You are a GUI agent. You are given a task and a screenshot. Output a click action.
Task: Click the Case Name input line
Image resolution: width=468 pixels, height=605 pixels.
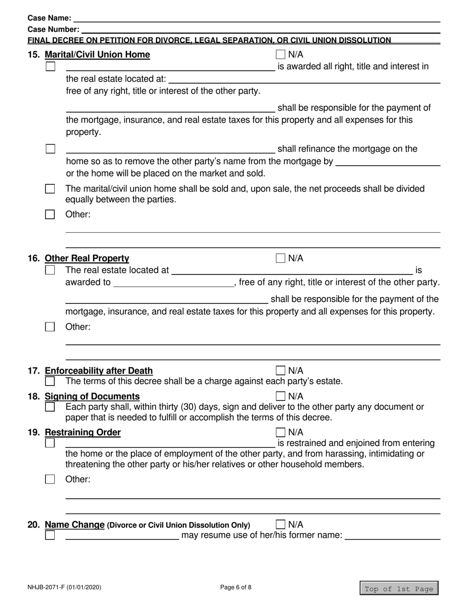[x=256, y=18]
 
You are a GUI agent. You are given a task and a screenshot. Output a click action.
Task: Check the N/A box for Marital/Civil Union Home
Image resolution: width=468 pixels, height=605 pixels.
[x=280, y=54]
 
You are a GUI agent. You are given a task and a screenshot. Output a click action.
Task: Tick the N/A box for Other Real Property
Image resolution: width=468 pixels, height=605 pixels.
[x=280, y=258]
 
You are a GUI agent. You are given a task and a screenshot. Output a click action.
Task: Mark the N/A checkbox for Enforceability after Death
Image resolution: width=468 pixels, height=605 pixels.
[x=280, y=370]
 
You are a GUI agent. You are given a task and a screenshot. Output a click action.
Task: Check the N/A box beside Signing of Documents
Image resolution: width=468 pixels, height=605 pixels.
[x=280, y=396]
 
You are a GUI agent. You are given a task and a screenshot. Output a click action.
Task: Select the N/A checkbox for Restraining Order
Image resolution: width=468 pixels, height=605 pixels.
[x=280, y=432]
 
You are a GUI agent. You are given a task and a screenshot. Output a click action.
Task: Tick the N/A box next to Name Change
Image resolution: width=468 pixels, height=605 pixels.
[x=280, y=524]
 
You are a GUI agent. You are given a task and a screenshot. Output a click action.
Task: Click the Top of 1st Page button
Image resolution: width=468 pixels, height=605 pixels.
[x=399, y=589]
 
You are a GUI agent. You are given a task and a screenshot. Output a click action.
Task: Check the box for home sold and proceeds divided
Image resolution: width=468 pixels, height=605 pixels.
[x=50, y=189]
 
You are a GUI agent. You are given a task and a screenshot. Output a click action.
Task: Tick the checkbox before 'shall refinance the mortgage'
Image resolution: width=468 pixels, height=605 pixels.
[x=50, y=149]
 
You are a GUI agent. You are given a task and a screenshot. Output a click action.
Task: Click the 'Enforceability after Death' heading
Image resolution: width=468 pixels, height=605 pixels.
[x=99, y=370]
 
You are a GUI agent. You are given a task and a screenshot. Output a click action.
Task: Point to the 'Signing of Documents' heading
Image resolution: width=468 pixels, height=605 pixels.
[x=92, y=396]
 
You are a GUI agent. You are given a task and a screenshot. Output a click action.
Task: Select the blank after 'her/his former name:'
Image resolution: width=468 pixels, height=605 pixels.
[x=392, y=535]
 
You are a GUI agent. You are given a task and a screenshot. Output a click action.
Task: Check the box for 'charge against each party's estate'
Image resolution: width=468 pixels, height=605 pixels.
[x=50, y=381]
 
